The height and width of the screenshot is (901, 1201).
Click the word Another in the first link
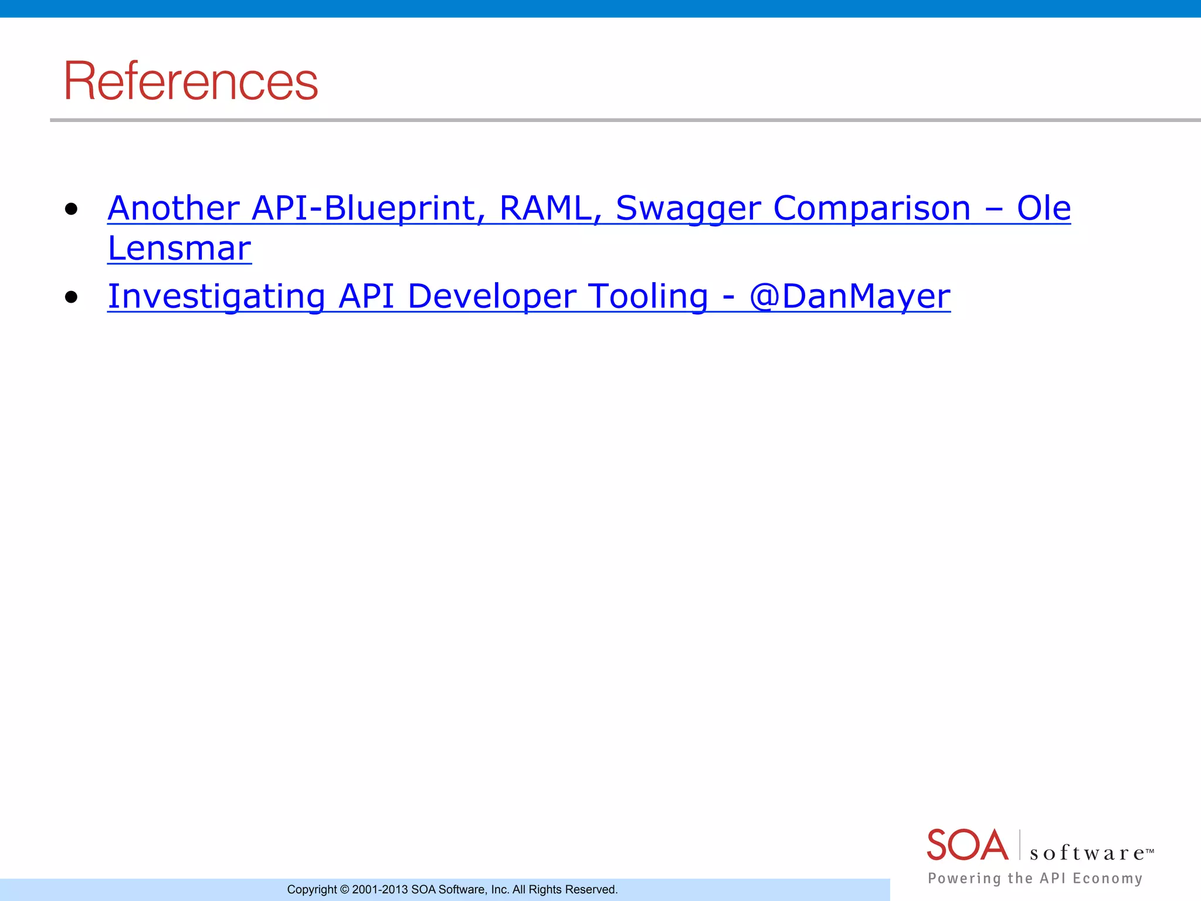174,208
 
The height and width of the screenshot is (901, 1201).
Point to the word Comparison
872,208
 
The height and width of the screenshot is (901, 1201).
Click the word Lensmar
179,249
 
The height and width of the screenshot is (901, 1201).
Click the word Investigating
216,297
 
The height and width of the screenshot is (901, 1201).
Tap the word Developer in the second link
491,297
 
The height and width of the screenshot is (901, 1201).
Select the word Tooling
648,297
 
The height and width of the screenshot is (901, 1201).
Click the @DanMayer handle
850,296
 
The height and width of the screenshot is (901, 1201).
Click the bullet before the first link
72,209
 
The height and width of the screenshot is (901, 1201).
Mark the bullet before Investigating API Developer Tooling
72,297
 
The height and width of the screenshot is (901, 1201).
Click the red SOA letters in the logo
967,845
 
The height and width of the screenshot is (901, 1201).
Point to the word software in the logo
1087,853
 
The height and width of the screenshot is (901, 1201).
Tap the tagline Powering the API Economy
1035,878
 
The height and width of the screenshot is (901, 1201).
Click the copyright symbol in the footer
344,890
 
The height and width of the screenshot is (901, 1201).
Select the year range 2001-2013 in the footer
379,890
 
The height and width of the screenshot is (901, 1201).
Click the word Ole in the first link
1043,208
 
